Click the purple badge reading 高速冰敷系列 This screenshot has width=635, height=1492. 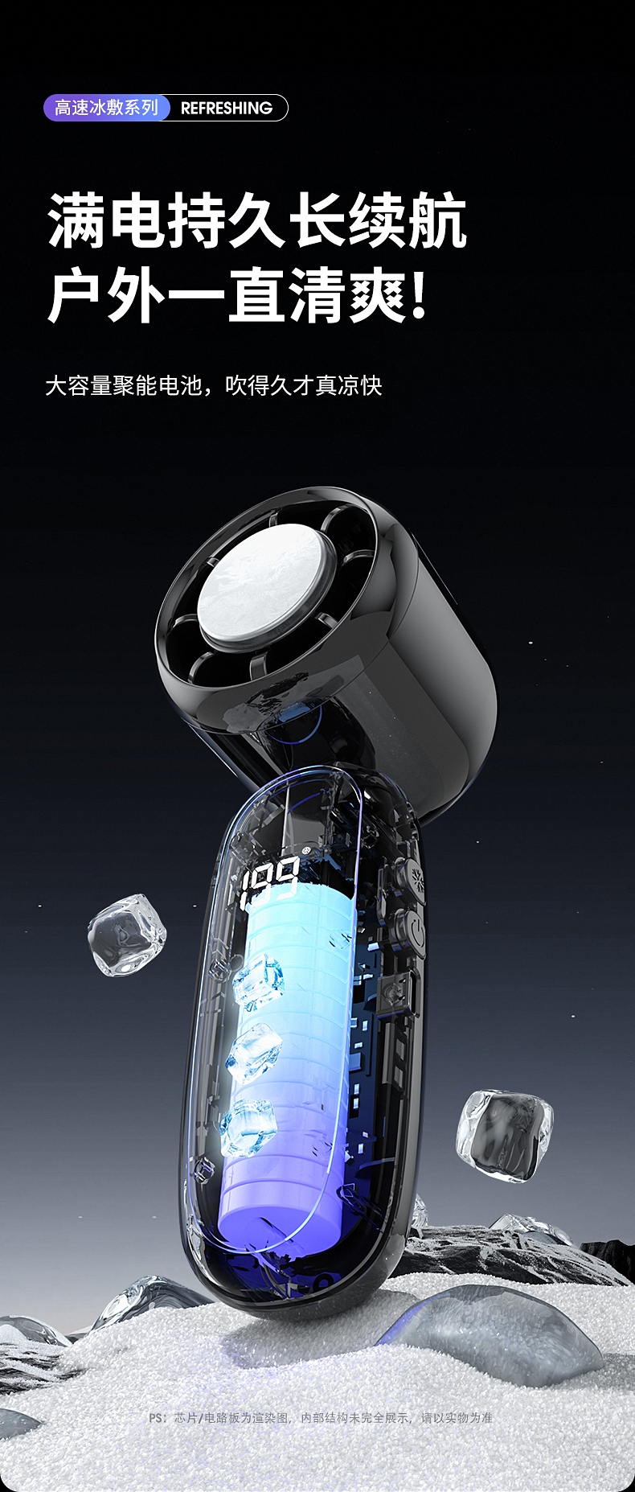pyautogui.click(x=107, y=108)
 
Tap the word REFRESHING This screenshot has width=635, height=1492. pyautogui.click(x=227, y=108)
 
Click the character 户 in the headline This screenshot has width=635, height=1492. pyautogui.click(x=76, y=296)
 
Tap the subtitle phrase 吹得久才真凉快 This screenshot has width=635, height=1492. pyautogui.click(x=303, y=385)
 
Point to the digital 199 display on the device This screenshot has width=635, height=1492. pyautogui.click(x=270, y=880)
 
